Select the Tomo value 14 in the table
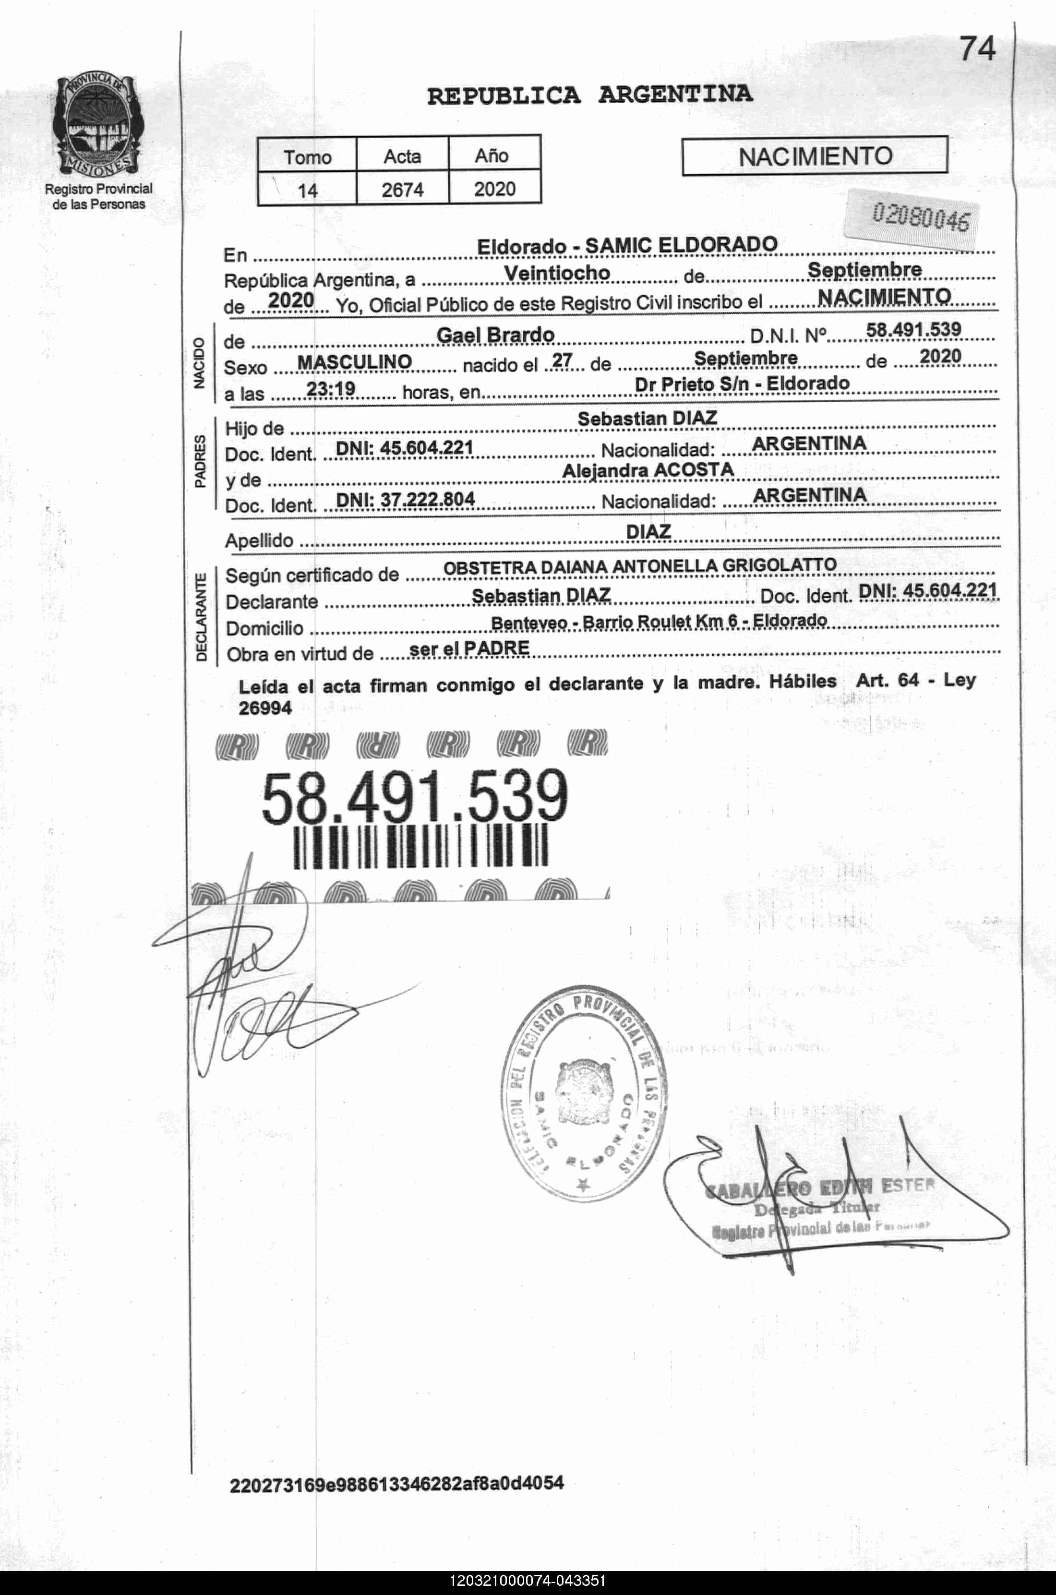[x=307, y=191]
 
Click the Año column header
[x=492, y=156]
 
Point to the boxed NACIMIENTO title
[x=815, y=156]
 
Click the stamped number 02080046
[x=921, y=217]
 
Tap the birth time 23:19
[x=331, y=388]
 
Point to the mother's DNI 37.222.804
[x=406, y=499]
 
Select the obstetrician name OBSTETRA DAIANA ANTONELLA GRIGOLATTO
[x=639, y=566]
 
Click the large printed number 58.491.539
[x=414, y=797]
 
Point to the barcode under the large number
[x=421, y=846]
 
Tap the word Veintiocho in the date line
[x=556, y=273]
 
